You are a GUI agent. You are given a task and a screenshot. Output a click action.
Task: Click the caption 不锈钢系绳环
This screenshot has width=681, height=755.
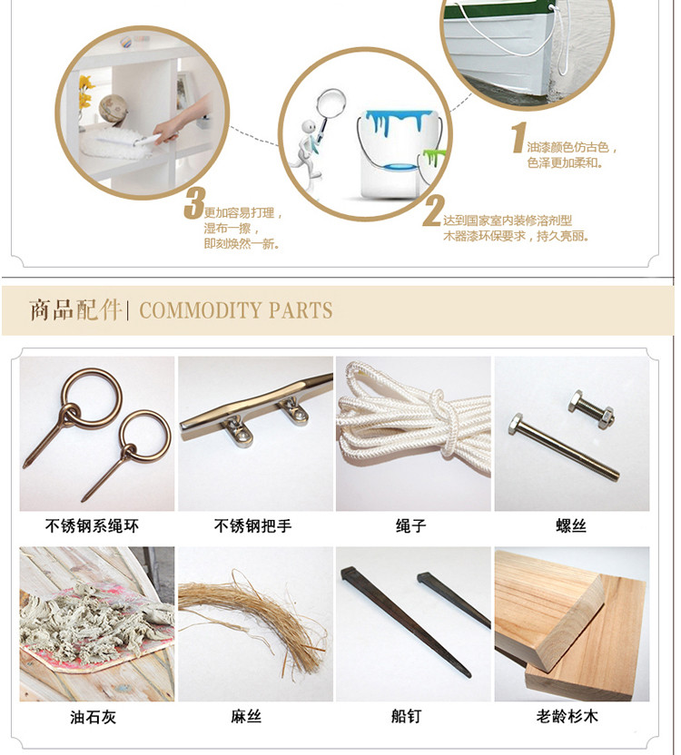(x=92, y=525)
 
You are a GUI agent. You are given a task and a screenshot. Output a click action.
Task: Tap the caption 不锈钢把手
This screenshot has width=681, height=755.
(x=253, y=525)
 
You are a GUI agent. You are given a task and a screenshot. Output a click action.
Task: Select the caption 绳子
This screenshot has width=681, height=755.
(x=411, y=525)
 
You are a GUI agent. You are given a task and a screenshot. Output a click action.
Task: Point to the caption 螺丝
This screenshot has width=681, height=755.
(x=571, y=525)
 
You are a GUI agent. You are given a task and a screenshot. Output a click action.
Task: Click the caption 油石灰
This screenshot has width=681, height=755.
(x=93, y=717)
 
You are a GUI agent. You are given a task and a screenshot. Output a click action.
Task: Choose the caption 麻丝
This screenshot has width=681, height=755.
(x=246, y=717)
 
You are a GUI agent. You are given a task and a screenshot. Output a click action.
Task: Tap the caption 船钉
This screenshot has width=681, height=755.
(x=406, y=716)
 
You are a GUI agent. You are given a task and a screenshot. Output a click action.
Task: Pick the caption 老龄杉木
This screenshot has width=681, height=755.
(x=567, y=716)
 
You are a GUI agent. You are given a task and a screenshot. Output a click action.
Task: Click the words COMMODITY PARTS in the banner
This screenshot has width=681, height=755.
(x=236, y=310)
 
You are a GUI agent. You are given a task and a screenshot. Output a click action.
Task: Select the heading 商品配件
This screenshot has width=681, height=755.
(x=74, y=309)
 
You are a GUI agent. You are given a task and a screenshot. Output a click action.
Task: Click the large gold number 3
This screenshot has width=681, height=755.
(x=194, y=203)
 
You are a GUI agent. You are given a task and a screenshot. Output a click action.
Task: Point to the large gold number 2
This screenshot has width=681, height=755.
(x=433, y=211)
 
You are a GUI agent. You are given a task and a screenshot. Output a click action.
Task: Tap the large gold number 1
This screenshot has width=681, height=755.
(x=518, y=138)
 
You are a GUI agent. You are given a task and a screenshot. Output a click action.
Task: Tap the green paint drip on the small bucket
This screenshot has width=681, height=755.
(x=432, y=157)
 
